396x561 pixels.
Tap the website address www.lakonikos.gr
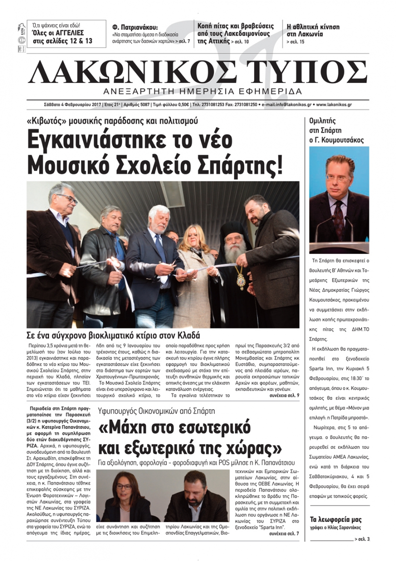334,105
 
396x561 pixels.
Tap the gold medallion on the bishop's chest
240,280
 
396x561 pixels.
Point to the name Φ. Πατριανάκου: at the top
135,27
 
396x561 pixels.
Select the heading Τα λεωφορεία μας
335,519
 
